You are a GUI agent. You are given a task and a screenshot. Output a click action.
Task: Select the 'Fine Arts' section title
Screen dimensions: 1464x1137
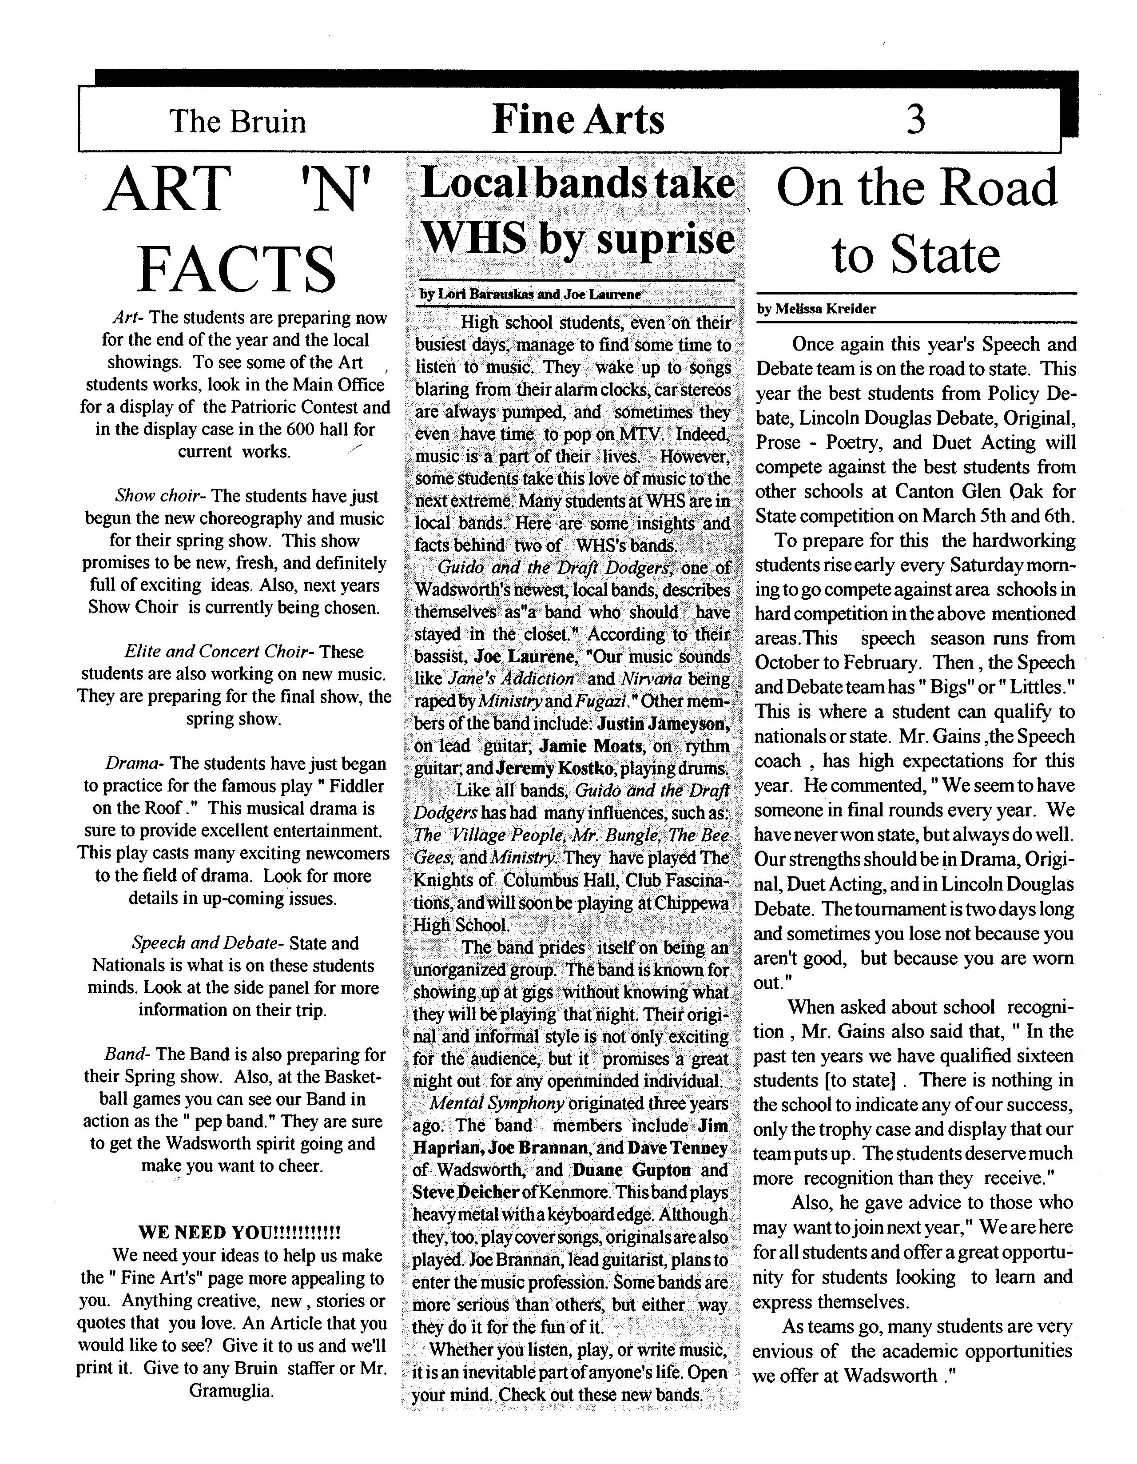(578, 119)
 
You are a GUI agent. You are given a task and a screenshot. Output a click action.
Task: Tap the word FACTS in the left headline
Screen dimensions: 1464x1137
(236, 268)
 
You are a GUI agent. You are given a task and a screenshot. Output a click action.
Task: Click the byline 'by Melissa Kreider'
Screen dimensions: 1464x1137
(816, 309)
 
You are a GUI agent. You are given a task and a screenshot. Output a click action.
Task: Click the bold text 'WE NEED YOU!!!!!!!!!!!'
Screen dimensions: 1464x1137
(239, 1233)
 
